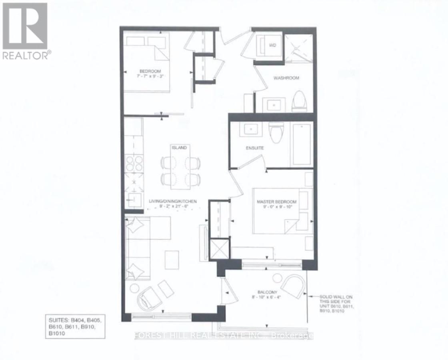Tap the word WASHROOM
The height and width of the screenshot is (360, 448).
click(x=286, y=78)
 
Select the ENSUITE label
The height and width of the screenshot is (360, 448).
click(x=254, y=148)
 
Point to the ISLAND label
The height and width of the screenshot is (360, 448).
click(x=179, y=148)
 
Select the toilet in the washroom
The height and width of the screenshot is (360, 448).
click(x=299, y=102)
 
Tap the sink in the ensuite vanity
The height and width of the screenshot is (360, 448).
click(x=251, y=129)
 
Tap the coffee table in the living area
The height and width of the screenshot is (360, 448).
click(x=173, y=258)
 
